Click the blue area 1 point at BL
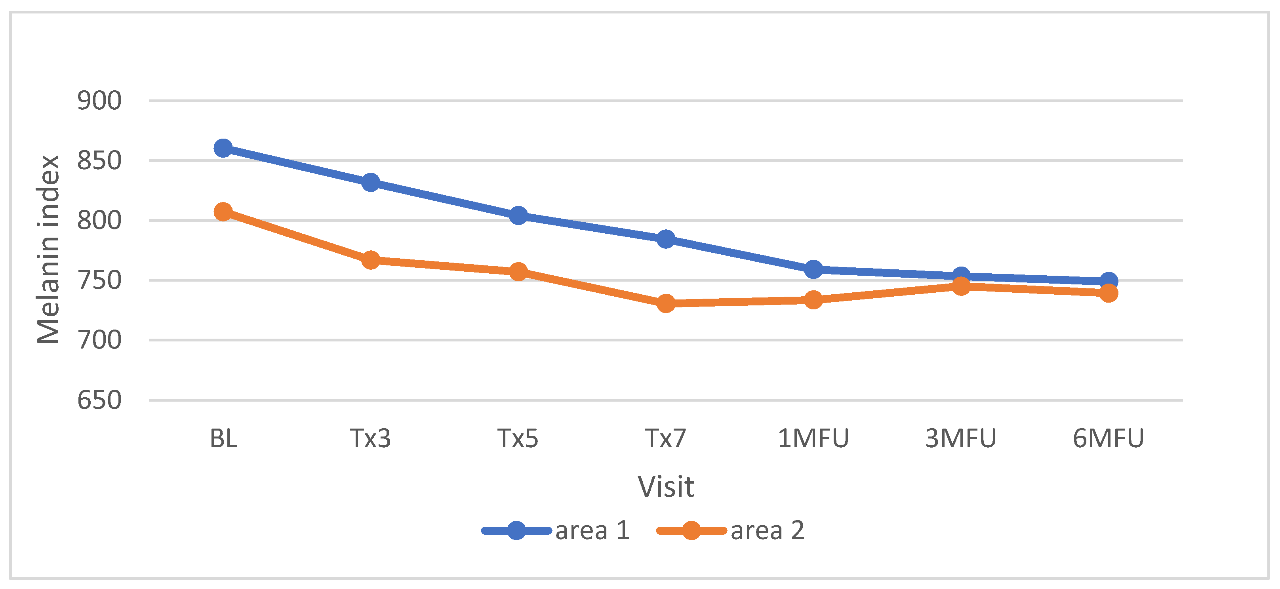(223, 148)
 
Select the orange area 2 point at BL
(223, 212)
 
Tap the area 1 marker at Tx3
(371, 183)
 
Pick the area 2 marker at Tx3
(371, 259)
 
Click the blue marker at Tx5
(518, 215)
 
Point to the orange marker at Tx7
(666, 303)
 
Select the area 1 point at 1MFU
(813, 269)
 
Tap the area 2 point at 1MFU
(813, 300)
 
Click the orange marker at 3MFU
(962, 286)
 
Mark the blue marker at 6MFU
(1109, 281)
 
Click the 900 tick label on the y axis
(99, 101)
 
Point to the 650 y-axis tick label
(99, 400)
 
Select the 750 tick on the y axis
(99, 280)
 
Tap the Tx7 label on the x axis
(666, 438)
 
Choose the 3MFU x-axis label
(961, 438)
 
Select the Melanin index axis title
(49, 250)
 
